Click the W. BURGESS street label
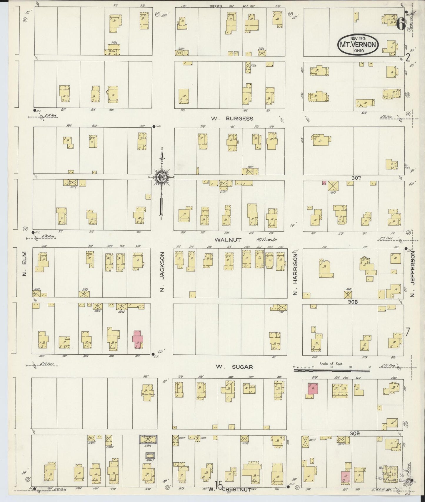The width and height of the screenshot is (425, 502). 232,119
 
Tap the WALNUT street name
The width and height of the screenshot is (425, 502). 228,240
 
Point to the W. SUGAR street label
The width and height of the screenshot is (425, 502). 234,367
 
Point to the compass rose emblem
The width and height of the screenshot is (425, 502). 161,177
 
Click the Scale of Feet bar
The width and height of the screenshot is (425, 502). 332,370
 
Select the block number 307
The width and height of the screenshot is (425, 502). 356,178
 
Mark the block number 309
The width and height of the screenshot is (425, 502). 355,433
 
